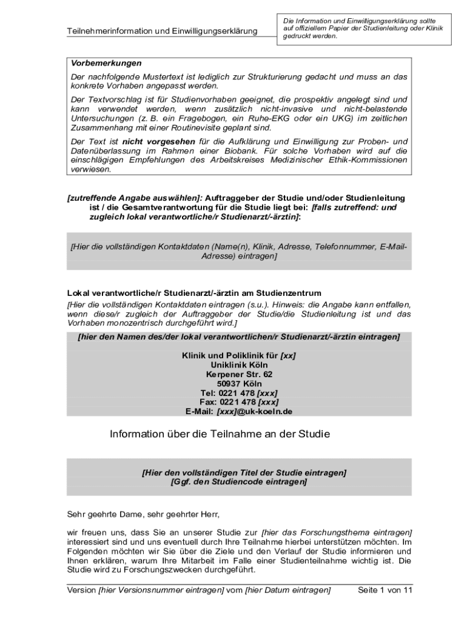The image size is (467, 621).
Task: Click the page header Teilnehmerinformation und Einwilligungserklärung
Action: [162, 31]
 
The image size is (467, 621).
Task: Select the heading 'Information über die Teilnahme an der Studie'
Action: [219, 434]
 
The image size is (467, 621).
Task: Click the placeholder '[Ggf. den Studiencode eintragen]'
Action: [238, 482]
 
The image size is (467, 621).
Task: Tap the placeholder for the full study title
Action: [244, 472]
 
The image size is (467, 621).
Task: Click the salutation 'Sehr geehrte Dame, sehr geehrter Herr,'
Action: [143, 515]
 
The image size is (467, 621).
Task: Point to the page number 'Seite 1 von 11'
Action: [385, 590]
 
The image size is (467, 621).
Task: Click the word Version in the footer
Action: [81, 590]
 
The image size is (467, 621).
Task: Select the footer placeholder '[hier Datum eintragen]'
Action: [287, 590]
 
